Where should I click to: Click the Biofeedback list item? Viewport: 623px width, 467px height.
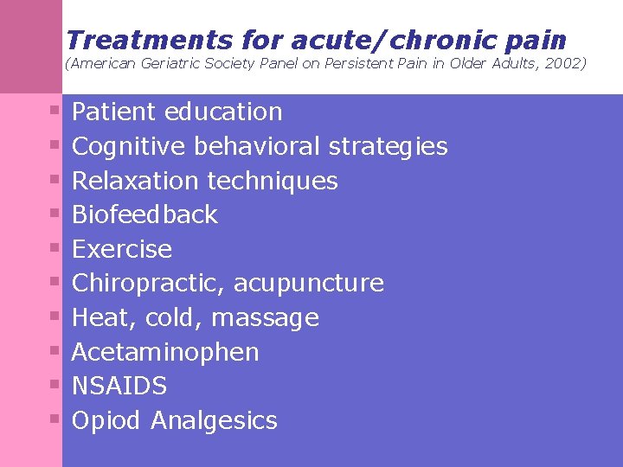coord(145,214)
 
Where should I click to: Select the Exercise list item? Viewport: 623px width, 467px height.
coord(122,249)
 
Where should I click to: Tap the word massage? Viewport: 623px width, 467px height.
coord(265,318)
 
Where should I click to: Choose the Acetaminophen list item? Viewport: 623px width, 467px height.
coord(165,352)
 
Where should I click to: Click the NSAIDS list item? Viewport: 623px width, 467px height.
coord(119,386)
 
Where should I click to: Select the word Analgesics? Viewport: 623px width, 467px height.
coord(214,421)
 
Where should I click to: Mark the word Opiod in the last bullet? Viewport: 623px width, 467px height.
coord(106,421)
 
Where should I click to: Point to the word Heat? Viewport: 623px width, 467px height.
coord(100,318)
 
